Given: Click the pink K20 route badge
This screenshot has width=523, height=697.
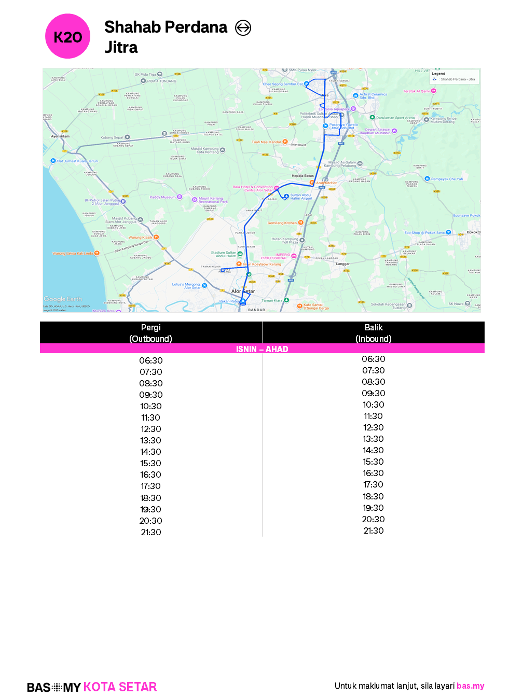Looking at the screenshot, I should tap(68, 37).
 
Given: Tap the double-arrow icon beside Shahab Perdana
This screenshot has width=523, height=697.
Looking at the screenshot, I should tap(243, 27).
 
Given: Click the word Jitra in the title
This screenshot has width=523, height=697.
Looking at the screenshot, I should tap(121, 47).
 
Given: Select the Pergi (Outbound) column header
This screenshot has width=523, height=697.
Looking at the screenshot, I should tap(150, 333).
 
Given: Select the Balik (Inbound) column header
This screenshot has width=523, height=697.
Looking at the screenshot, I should tap(373, 333).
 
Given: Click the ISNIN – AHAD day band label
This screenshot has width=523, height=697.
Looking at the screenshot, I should tap(262, 349).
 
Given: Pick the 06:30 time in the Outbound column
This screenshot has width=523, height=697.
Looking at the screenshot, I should tap(150, 360).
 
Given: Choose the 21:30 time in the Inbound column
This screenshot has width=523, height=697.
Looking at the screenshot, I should tap(373, 531).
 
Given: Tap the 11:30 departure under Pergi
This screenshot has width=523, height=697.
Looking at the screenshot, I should tap(150, 417).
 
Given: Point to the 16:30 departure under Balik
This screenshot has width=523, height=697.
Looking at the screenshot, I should tap(373, 473).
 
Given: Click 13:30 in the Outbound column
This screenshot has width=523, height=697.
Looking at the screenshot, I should tap(150, 440).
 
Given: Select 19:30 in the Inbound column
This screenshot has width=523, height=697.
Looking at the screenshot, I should tap(373, 508).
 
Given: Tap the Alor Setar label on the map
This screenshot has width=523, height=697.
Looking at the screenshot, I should tap(243, 291).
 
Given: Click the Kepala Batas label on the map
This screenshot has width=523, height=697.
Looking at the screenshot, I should tap(302, 176).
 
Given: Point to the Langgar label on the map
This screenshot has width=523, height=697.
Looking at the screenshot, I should tap(342, 264).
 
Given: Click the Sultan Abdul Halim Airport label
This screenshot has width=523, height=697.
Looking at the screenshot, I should tap(301, 197).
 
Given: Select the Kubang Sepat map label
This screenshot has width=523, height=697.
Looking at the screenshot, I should tap(112, 137).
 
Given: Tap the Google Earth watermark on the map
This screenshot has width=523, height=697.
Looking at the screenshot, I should tap(63, 299).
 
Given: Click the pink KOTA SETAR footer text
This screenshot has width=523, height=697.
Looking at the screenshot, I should tap(120, 687).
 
